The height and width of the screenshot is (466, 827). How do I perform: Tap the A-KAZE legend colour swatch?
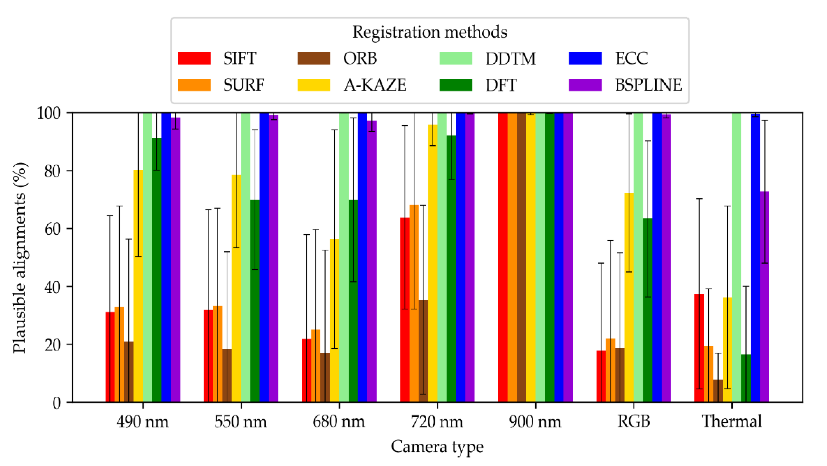314,85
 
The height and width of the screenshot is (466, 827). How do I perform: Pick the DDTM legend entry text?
510,59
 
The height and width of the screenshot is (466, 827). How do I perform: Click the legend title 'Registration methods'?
429,32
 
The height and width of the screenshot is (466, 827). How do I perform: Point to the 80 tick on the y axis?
52,171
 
